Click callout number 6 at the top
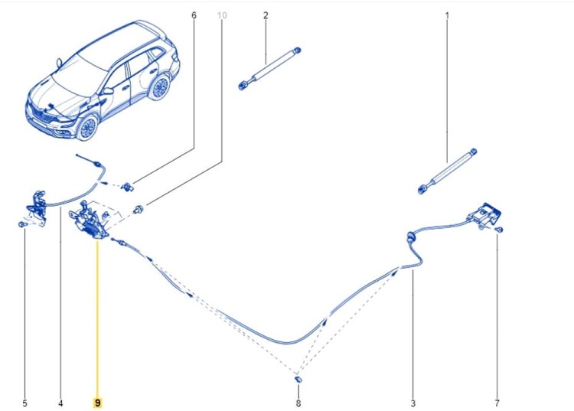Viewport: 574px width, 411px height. click(x=194, y=15)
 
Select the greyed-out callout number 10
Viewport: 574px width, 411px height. click(x=222, y=15)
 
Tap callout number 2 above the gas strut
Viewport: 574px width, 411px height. click(x=266, y=15)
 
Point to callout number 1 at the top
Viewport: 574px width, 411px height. click(x=447, y=16)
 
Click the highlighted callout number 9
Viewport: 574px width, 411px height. click(x=98, y=403)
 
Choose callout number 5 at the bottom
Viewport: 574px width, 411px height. click(x=25, y=403)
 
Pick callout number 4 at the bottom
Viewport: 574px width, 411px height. click(x=60, y=403)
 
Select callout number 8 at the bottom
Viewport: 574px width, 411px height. click(x=298, y=403)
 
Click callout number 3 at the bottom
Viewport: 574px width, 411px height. click(x=413, y=403)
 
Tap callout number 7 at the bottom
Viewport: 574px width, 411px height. click(x=497, y=403)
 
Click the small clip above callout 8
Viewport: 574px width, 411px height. click(x=298, y=379)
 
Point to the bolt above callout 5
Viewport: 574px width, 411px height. click(x=22, y=224)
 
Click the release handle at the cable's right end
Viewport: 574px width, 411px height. click(x=483, y=216)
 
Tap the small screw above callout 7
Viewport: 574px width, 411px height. click(x=498, y=230)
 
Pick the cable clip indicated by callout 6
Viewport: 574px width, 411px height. click(x=127, y=187)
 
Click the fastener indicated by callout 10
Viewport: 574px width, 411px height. click(x=139, y=210)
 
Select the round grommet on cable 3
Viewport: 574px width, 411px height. click(x=411, y=238)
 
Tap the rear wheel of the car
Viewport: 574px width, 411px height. click(x=160, y=88)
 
